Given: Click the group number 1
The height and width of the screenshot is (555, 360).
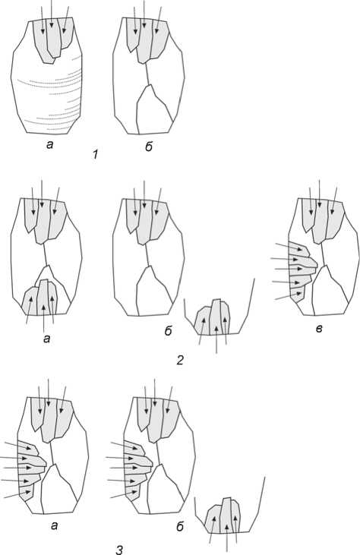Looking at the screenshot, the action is pyautogui.click(x=95, y=155).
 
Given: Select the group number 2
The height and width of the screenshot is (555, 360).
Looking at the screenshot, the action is pyautogui.click(x=180, y=361).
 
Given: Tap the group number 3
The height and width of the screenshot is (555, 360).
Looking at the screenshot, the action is pyautogui.click(x=119, y=550).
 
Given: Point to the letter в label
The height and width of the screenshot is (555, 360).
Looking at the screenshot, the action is pyautogui.click(x=319, y=330).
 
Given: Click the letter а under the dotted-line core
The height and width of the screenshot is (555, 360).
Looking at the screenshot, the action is pyautogui.click(x=49, y=144).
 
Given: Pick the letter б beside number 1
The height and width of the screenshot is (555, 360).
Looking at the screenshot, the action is pyautogui.click(x=149, y=147).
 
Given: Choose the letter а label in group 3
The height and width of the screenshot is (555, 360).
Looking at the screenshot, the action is pyautogui.click(x=54, y=525).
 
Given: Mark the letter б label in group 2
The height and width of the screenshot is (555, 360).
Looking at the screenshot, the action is pyautogui.click(x=168, y=330).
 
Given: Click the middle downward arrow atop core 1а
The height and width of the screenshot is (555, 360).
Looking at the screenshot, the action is pyautogui.click(x=52, y=14).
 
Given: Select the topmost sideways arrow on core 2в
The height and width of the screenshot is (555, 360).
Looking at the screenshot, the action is pyautogui.click(x=289, y=247).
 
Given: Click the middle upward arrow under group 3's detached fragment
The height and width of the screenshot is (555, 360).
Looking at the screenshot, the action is pyautogui.click(x=226, y=538).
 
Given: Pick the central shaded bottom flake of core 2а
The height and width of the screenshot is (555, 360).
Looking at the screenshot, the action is pyautogui.click(x=43, y=297).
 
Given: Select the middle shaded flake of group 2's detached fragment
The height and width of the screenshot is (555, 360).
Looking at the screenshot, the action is pyautogui.click(x=215, y=317).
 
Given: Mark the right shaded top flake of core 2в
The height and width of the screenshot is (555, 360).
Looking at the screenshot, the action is pyautogui.click(x=335, y=219).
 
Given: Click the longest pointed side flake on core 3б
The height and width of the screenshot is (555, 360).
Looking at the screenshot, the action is pyautogui.click(x=139, y=461).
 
